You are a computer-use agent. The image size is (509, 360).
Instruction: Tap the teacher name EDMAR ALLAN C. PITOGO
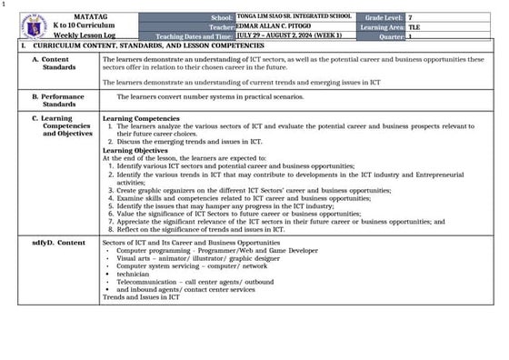coord(281,27)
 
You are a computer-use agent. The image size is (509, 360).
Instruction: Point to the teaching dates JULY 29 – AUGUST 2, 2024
coord(289,35)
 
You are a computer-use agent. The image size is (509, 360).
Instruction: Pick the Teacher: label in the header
coord(221,27)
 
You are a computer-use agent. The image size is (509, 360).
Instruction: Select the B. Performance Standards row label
coord(59,99)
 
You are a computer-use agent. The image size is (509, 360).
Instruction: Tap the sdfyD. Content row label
coord(59,243)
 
